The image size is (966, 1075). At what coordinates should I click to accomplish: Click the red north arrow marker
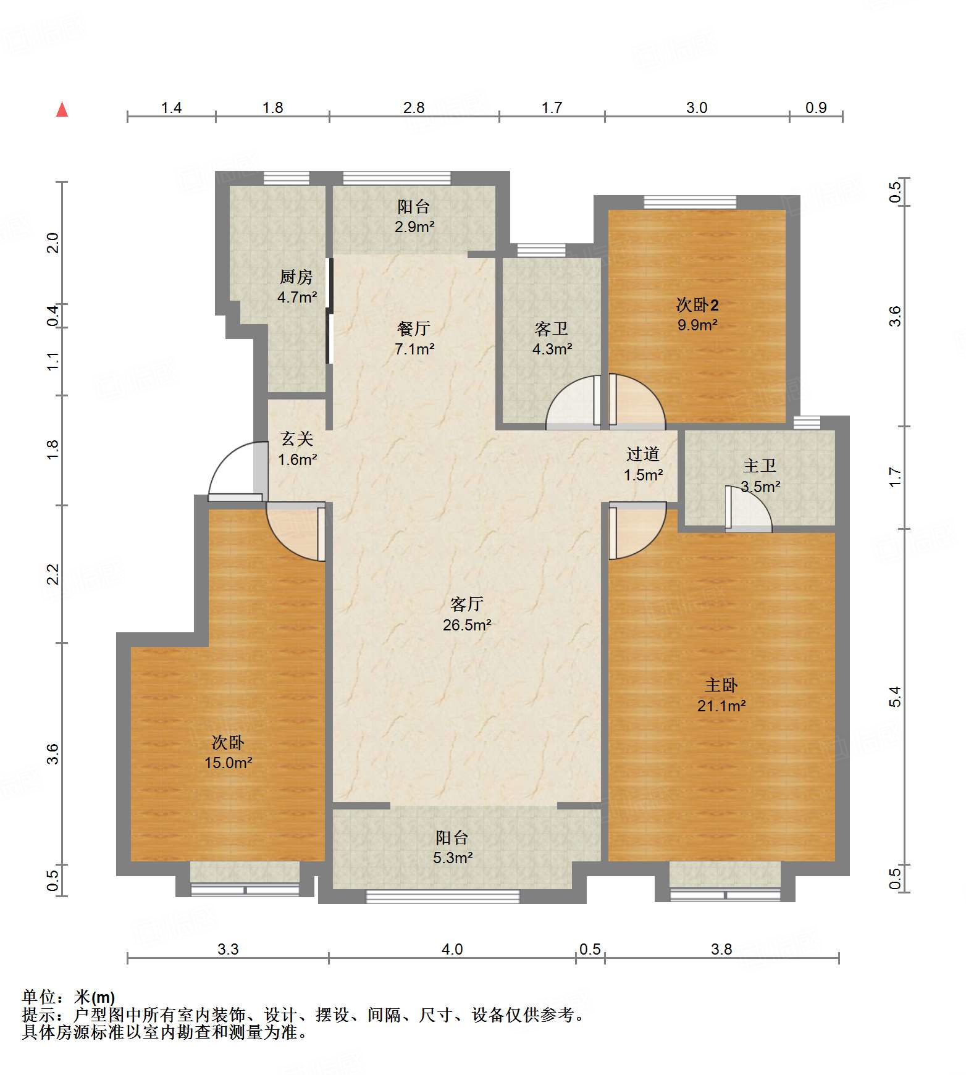point(62,109)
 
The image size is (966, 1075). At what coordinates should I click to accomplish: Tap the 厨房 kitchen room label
point(296,277)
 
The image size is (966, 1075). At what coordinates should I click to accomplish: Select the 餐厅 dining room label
point(414,328)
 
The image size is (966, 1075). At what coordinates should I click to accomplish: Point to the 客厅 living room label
point(466,604)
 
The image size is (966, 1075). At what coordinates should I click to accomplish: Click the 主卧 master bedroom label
point(721,685)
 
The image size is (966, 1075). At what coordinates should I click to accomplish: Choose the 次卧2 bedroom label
point(697,304)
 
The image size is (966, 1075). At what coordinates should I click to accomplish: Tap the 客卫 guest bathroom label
point(552,328)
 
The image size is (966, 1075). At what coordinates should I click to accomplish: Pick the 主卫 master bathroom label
point(760,466)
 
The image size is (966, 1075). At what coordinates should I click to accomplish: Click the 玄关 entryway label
point(297,439)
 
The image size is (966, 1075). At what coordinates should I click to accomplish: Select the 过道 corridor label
point(643,454)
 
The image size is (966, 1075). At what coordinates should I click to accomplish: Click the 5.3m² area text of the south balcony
point(453,858)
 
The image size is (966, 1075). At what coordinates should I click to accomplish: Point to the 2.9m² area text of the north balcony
point(414,227)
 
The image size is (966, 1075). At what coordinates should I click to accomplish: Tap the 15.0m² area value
point(229,763)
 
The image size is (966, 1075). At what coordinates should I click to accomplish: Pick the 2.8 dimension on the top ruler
point(414,107)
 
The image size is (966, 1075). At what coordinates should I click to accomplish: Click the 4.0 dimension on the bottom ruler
point(452,949)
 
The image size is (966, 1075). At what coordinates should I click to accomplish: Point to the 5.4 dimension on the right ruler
point(895,696)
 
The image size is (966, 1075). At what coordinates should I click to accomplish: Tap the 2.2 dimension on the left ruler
point(53,574)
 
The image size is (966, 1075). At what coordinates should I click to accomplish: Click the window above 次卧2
point(690,202)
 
